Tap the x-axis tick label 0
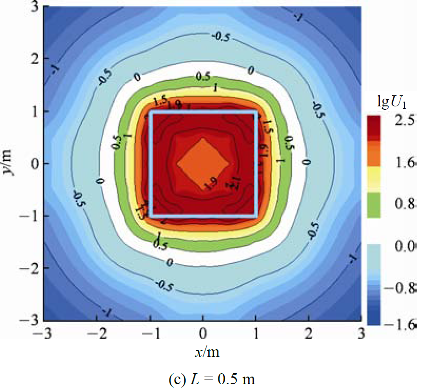pos(203,333)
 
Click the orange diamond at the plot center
pos(203,163)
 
